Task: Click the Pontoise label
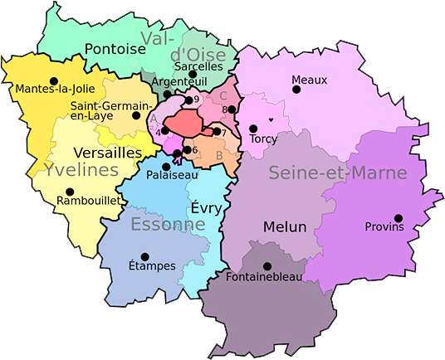pyautogui.click(x=115, y=49)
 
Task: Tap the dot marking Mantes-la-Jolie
pyautogui.click(x=54, y=80)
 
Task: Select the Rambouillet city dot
pyautogui.click(x=69, y=192)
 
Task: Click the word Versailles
pyautogui.click(x=108, y=153)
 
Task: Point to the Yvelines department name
pyautogui.click(x=82, y=170)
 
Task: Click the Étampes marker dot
pyautogui.click(x=145, y=257)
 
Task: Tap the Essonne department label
pyautogui.click(x=168, y=225)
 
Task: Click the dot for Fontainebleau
pyautogui.click(x=267, y=267)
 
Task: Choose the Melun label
pyautogui.click(x=285, y=226)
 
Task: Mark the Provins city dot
pyautogui.click(x=399, y=218)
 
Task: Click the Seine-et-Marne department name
pyautogui.click(x=338, y=173)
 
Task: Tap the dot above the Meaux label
pyautogui.click(x=294, y=90)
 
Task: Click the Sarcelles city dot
pyautogui.click(x=192, y=74)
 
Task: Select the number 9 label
pyautogui.click(x=196, y=100)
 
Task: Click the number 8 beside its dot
pyautogui.click(x=224, y=109)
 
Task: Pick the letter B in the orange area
pyautogui.click(x=219, y=154)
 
